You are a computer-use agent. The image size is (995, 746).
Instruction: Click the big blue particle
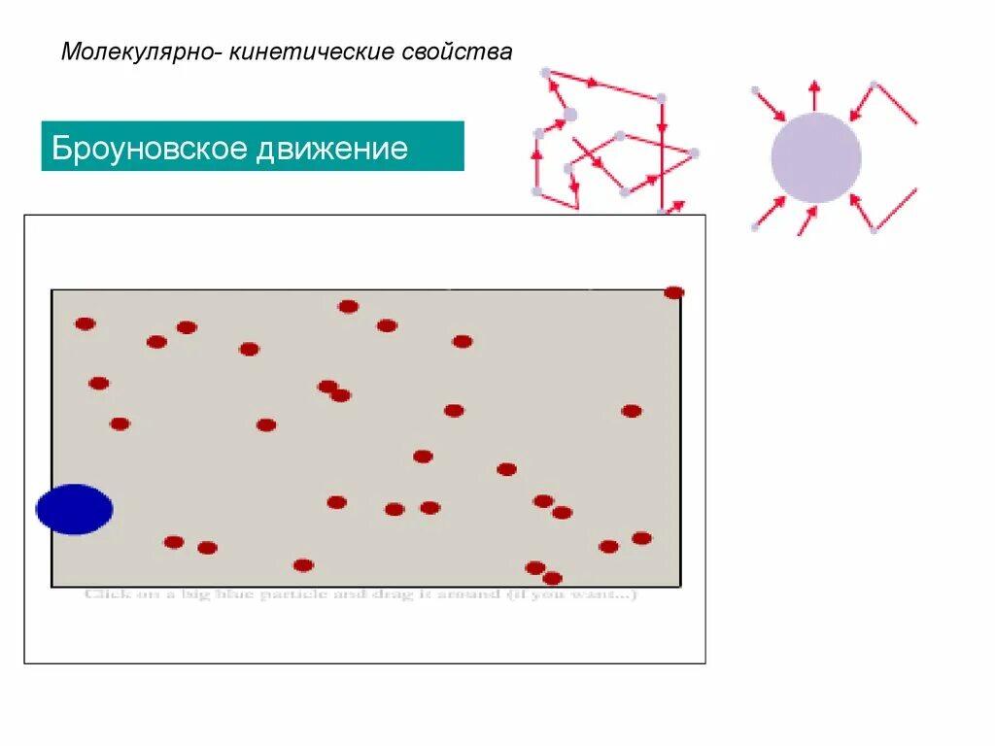click(74, 509)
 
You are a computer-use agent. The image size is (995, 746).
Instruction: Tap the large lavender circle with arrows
click(816, 157)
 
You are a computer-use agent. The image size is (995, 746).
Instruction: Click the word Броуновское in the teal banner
click(147, 149)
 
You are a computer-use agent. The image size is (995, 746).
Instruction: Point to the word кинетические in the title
click(312, 51)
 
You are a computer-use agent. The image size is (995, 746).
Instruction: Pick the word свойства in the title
click(457, 51)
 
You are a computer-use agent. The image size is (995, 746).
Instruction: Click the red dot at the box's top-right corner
click(673, 292)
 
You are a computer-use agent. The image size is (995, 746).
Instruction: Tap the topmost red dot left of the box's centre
click(348, 307)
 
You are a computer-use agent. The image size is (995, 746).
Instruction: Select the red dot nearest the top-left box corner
click(86, 323)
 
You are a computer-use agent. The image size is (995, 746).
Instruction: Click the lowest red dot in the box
click(552, 578)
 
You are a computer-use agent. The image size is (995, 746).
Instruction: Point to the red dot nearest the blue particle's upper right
click(120, 424)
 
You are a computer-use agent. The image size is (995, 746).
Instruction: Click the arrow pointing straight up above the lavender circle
click(814, 94)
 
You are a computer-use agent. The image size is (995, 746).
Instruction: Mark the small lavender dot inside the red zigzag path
click(569, 115)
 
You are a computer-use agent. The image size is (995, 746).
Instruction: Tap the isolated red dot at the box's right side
click(632, 411)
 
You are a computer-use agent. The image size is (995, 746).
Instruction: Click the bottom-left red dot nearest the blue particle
click(174, 542)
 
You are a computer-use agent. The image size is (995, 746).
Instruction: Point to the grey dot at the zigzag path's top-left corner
click(545, 73)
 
